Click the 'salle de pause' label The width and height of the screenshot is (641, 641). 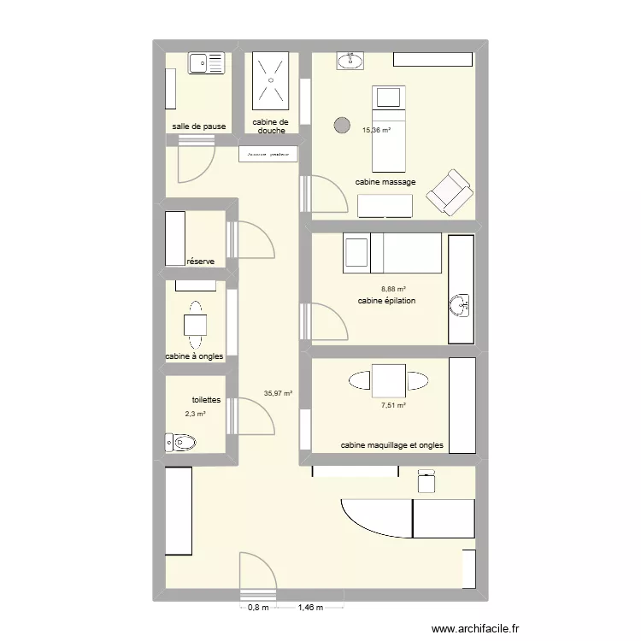point(199,126)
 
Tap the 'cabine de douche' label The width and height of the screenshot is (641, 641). point(270,126)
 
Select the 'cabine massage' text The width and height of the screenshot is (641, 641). point(385,182)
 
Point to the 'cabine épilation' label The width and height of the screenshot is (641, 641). point(386,301)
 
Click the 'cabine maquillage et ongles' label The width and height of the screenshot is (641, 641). point(392,445)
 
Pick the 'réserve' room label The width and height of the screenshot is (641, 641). point(200,262)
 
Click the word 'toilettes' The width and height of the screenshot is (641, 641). point(207,399)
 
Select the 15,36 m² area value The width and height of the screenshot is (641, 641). point(376,131)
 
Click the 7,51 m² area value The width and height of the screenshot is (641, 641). point(393,406)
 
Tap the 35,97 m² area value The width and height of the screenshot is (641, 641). point(279,394)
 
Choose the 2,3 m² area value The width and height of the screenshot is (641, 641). point(195,415)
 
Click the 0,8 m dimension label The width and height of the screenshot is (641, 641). point(258,608)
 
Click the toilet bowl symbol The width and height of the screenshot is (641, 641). point(180,442)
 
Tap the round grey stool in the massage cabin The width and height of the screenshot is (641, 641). point(341,125)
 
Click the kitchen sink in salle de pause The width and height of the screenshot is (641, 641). point(206,62)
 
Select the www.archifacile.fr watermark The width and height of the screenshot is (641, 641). point(476,629)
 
